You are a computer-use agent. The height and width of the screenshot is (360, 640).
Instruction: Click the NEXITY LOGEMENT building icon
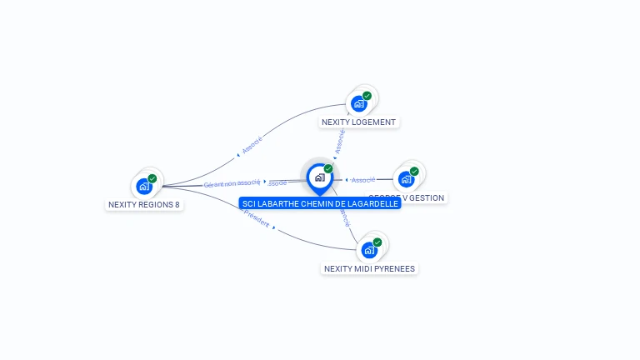(358, 103)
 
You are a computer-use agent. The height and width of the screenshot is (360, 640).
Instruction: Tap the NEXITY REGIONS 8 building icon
(144, 186)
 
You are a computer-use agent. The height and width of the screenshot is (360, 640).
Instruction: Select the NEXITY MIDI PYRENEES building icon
(369, 250)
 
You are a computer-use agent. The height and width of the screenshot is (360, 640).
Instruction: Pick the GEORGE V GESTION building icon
(406, 178)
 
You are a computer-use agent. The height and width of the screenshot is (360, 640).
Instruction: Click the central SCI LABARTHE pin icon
(319, 177)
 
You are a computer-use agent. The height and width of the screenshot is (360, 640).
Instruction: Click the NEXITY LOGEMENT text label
(359, 122)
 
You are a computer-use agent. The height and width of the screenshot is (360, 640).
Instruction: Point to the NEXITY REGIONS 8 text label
(144, 204)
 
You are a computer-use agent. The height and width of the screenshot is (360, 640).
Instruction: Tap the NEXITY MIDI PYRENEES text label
(369, 268)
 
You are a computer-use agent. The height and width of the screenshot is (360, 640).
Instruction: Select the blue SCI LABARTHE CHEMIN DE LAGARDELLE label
(319, 203)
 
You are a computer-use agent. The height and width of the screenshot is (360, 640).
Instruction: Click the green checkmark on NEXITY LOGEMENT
(367, 96)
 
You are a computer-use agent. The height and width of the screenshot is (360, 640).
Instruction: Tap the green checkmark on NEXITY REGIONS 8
(152, 178)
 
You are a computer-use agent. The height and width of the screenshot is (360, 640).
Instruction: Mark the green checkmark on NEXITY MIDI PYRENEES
(377, 242)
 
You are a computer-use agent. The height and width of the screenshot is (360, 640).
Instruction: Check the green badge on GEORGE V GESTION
(414, 171)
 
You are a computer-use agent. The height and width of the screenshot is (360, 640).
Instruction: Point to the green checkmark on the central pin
(328, 169)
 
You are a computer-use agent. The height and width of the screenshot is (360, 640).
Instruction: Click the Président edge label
(257, 219)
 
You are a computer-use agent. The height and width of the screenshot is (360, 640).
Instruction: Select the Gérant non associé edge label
(232, 183)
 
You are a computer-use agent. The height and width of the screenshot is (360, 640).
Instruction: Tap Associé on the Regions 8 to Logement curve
(252, 145)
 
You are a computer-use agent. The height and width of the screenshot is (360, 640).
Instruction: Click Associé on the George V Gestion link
(363, 180)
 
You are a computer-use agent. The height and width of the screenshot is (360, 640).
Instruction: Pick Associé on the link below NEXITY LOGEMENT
(339, 140)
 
